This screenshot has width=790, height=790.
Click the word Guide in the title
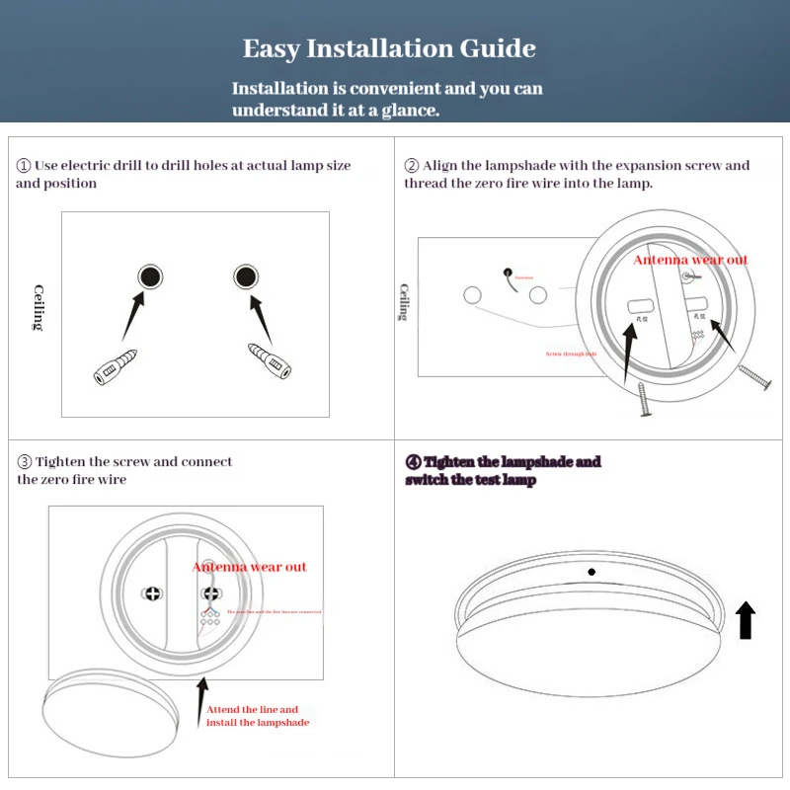tap(498, 49)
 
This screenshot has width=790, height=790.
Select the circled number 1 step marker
tap(24, 166)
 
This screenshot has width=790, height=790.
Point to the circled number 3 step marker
tap(25, 462)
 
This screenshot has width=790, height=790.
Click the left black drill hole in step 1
tap(149, 276)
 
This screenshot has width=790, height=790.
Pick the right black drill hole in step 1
tap(245, 276)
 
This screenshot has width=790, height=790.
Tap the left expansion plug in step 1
tap(117, 365)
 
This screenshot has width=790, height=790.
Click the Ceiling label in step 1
tap(39, 307)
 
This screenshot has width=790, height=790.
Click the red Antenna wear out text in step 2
tap(690, 260)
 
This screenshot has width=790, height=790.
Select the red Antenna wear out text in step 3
tap(249, 567)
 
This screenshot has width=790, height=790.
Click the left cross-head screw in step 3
tap(153, 594)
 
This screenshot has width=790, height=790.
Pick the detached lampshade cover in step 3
tap(112, 708)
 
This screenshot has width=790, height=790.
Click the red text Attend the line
tap(252, 710)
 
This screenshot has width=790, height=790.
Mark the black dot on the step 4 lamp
tap(592, 572)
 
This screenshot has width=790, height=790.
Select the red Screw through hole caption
tap(571, 354)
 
